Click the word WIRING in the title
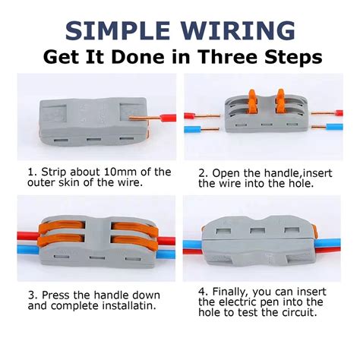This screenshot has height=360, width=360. point(238,30)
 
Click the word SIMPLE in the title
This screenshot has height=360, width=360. point(118,30)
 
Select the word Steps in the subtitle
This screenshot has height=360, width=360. point(293,58)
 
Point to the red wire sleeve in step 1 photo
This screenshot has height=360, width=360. point(169,118)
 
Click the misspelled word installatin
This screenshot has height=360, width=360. point(129,305)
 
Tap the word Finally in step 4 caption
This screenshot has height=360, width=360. point(230,292)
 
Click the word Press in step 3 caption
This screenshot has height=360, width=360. point(55,295)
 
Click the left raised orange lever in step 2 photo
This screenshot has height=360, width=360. point(253,101)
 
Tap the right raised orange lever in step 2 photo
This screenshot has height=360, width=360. point(280,101)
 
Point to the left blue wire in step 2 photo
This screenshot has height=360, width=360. point(192,130)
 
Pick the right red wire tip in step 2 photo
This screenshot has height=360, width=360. point(339,113)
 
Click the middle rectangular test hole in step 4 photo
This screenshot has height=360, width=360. point(257,231)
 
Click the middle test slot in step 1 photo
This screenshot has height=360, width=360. point(93,139)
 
